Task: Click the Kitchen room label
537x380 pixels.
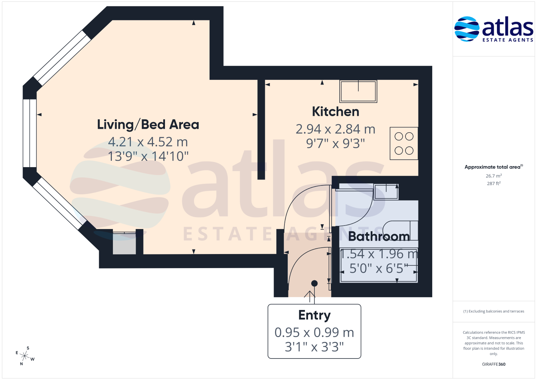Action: (x=335, y=112)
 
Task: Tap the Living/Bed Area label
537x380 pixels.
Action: (x=148, y=125)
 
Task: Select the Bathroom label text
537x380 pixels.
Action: (x=379, y=236)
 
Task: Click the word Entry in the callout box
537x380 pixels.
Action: (x=314, y=315)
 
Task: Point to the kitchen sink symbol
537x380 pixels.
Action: (x=358, y=91)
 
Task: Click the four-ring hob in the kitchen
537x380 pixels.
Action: (x=404, y=144)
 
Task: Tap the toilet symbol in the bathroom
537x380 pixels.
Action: (x=400, y=230)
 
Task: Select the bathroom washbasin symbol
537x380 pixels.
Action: (x=386, y=192)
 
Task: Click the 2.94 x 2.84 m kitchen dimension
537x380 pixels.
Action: (x=335, y=129)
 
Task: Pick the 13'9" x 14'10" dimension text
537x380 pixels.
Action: (x=148, y=156)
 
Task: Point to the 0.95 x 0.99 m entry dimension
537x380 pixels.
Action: (x=314, y=332)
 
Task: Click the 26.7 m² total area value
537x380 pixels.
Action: (x=494, y=176)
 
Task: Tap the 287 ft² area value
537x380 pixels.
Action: (x=494, y=183)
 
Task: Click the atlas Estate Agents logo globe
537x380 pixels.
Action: (x=467, y=29)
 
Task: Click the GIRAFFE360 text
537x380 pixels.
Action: (x=494, y=364)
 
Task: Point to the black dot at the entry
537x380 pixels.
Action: (x=314, y=283)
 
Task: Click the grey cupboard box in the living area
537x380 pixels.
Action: (x=124, y=243)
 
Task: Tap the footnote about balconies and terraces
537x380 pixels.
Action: (x=494, y=311)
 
